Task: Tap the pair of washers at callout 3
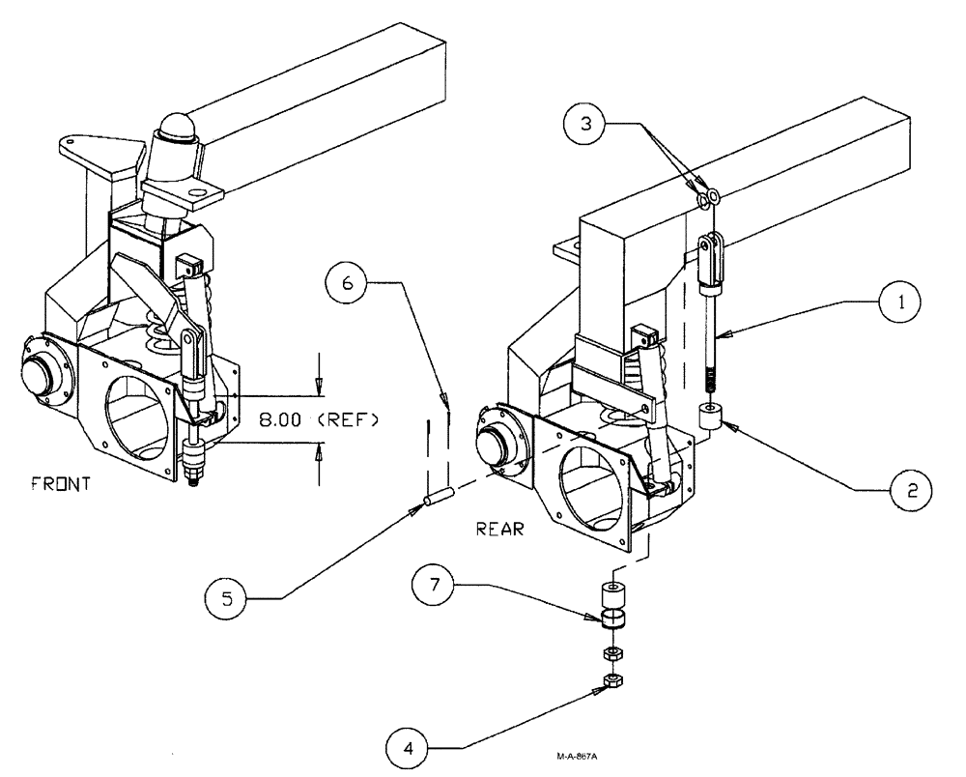[706, 198]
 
